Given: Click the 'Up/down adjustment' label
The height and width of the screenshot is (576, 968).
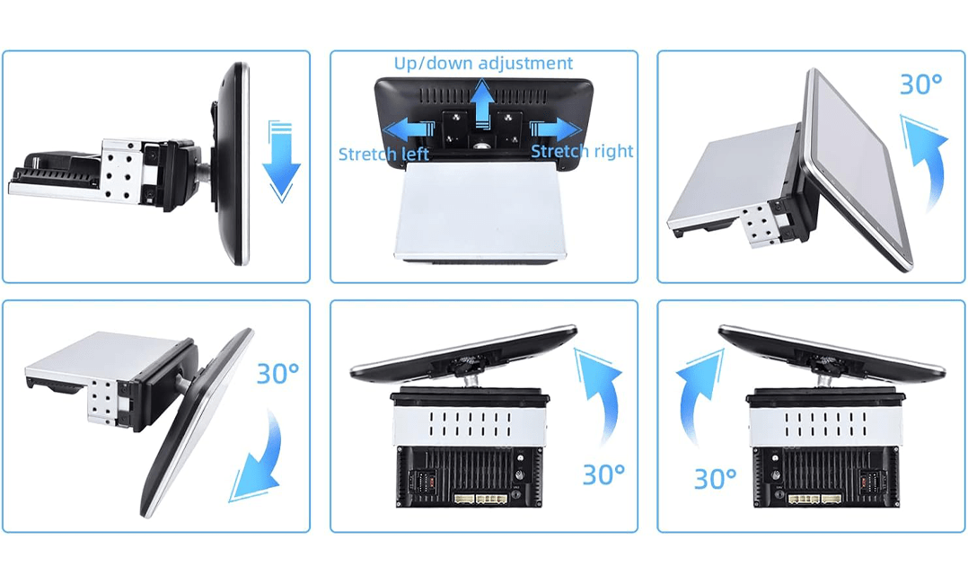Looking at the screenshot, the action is coord(483,63).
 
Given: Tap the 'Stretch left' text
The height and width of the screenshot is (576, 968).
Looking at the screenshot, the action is coord(383,154).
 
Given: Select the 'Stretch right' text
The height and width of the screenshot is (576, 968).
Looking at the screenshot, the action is coord(582,151).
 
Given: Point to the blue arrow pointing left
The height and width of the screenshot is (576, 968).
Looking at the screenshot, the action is coord(409,130).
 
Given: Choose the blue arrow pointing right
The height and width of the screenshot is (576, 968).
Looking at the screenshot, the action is coord(555,130).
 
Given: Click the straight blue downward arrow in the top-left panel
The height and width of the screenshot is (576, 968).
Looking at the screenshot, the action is coord(281,162).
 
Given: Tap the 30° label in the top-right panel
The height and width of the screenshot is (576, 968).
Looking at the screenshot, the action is coord(920,84).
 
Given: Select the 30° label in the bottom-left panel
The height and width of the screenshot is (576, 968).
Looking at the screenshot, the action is coord(277,373).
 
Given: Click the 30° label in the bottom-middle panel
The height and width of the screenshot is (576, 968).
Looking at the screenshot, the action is coord(603,474).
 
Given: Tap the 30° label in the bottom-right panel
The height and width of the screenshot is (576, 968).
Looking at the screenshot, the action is coord(715,478).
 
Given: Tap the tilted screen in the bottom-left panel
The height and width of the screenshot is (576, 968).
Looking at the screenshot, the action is coord(197,422).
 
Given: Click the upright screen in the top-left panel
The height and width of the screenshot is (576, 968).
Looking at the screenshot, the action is coord(231,164).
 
